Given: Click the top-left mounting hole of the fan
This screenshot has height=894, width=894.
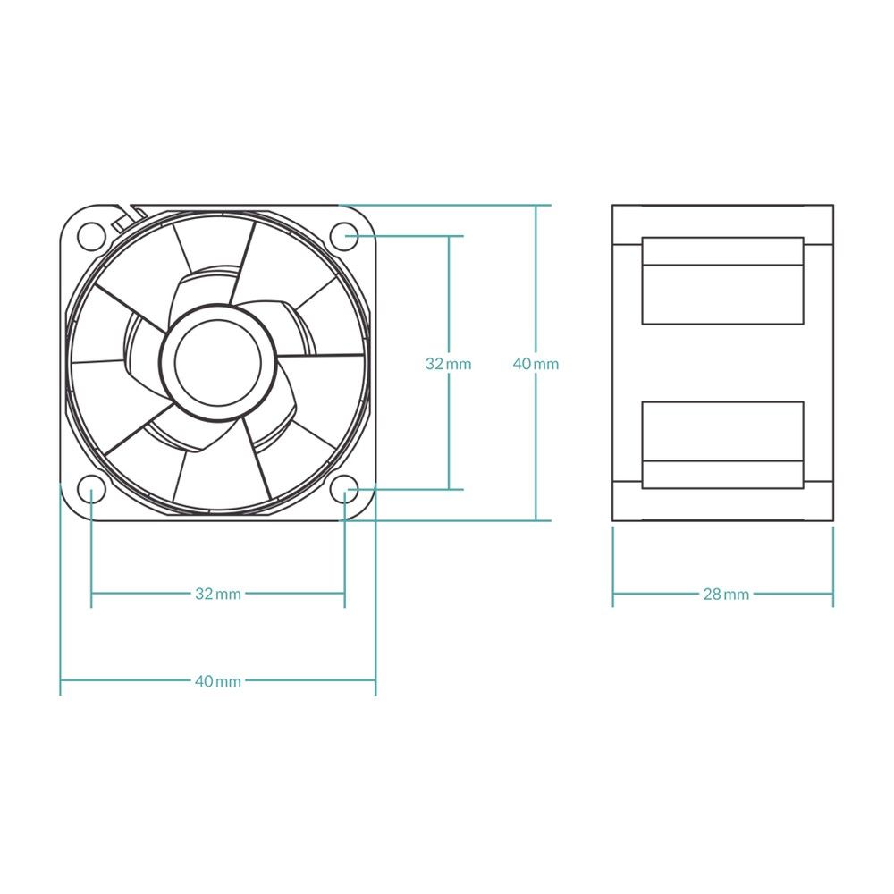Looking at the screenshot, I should [x=90, y=236].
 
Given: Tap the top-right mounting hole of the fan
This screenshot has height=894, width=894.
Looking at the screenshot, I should [x=344, y=236].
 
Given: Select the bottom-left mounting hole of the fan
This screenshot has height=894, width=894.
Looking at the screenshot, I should [x=90, y=489].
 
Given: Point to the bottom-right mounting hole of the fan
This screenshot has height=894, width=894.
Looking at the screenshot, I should [x=344, y=489].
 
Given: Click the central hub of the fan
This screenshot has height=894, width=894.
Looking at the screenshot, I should [x=217, y=362].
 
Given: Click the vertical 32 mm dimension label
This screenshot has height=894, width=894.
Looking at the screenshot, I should [x=448, y=364].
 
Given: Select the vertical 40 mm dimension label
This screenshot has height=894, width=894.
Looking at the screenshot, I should [x=536, y=364].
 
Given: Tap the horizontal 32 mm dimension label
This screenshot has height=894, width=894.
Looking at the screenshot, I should [x=218, y=593].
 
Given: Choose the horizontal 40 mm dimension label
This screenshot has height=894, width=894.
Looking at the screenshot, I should [x=218, y=680].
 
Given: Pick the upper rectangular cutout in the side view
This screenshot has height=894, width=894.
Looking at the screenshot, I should [x=722, y=281].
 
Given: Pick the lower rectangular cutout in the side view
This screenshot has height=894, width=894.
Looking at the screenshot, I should [x=722, y=444].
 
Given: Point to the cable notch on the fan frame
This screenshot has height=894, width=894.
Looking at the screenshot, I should [x=125, y=215].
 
